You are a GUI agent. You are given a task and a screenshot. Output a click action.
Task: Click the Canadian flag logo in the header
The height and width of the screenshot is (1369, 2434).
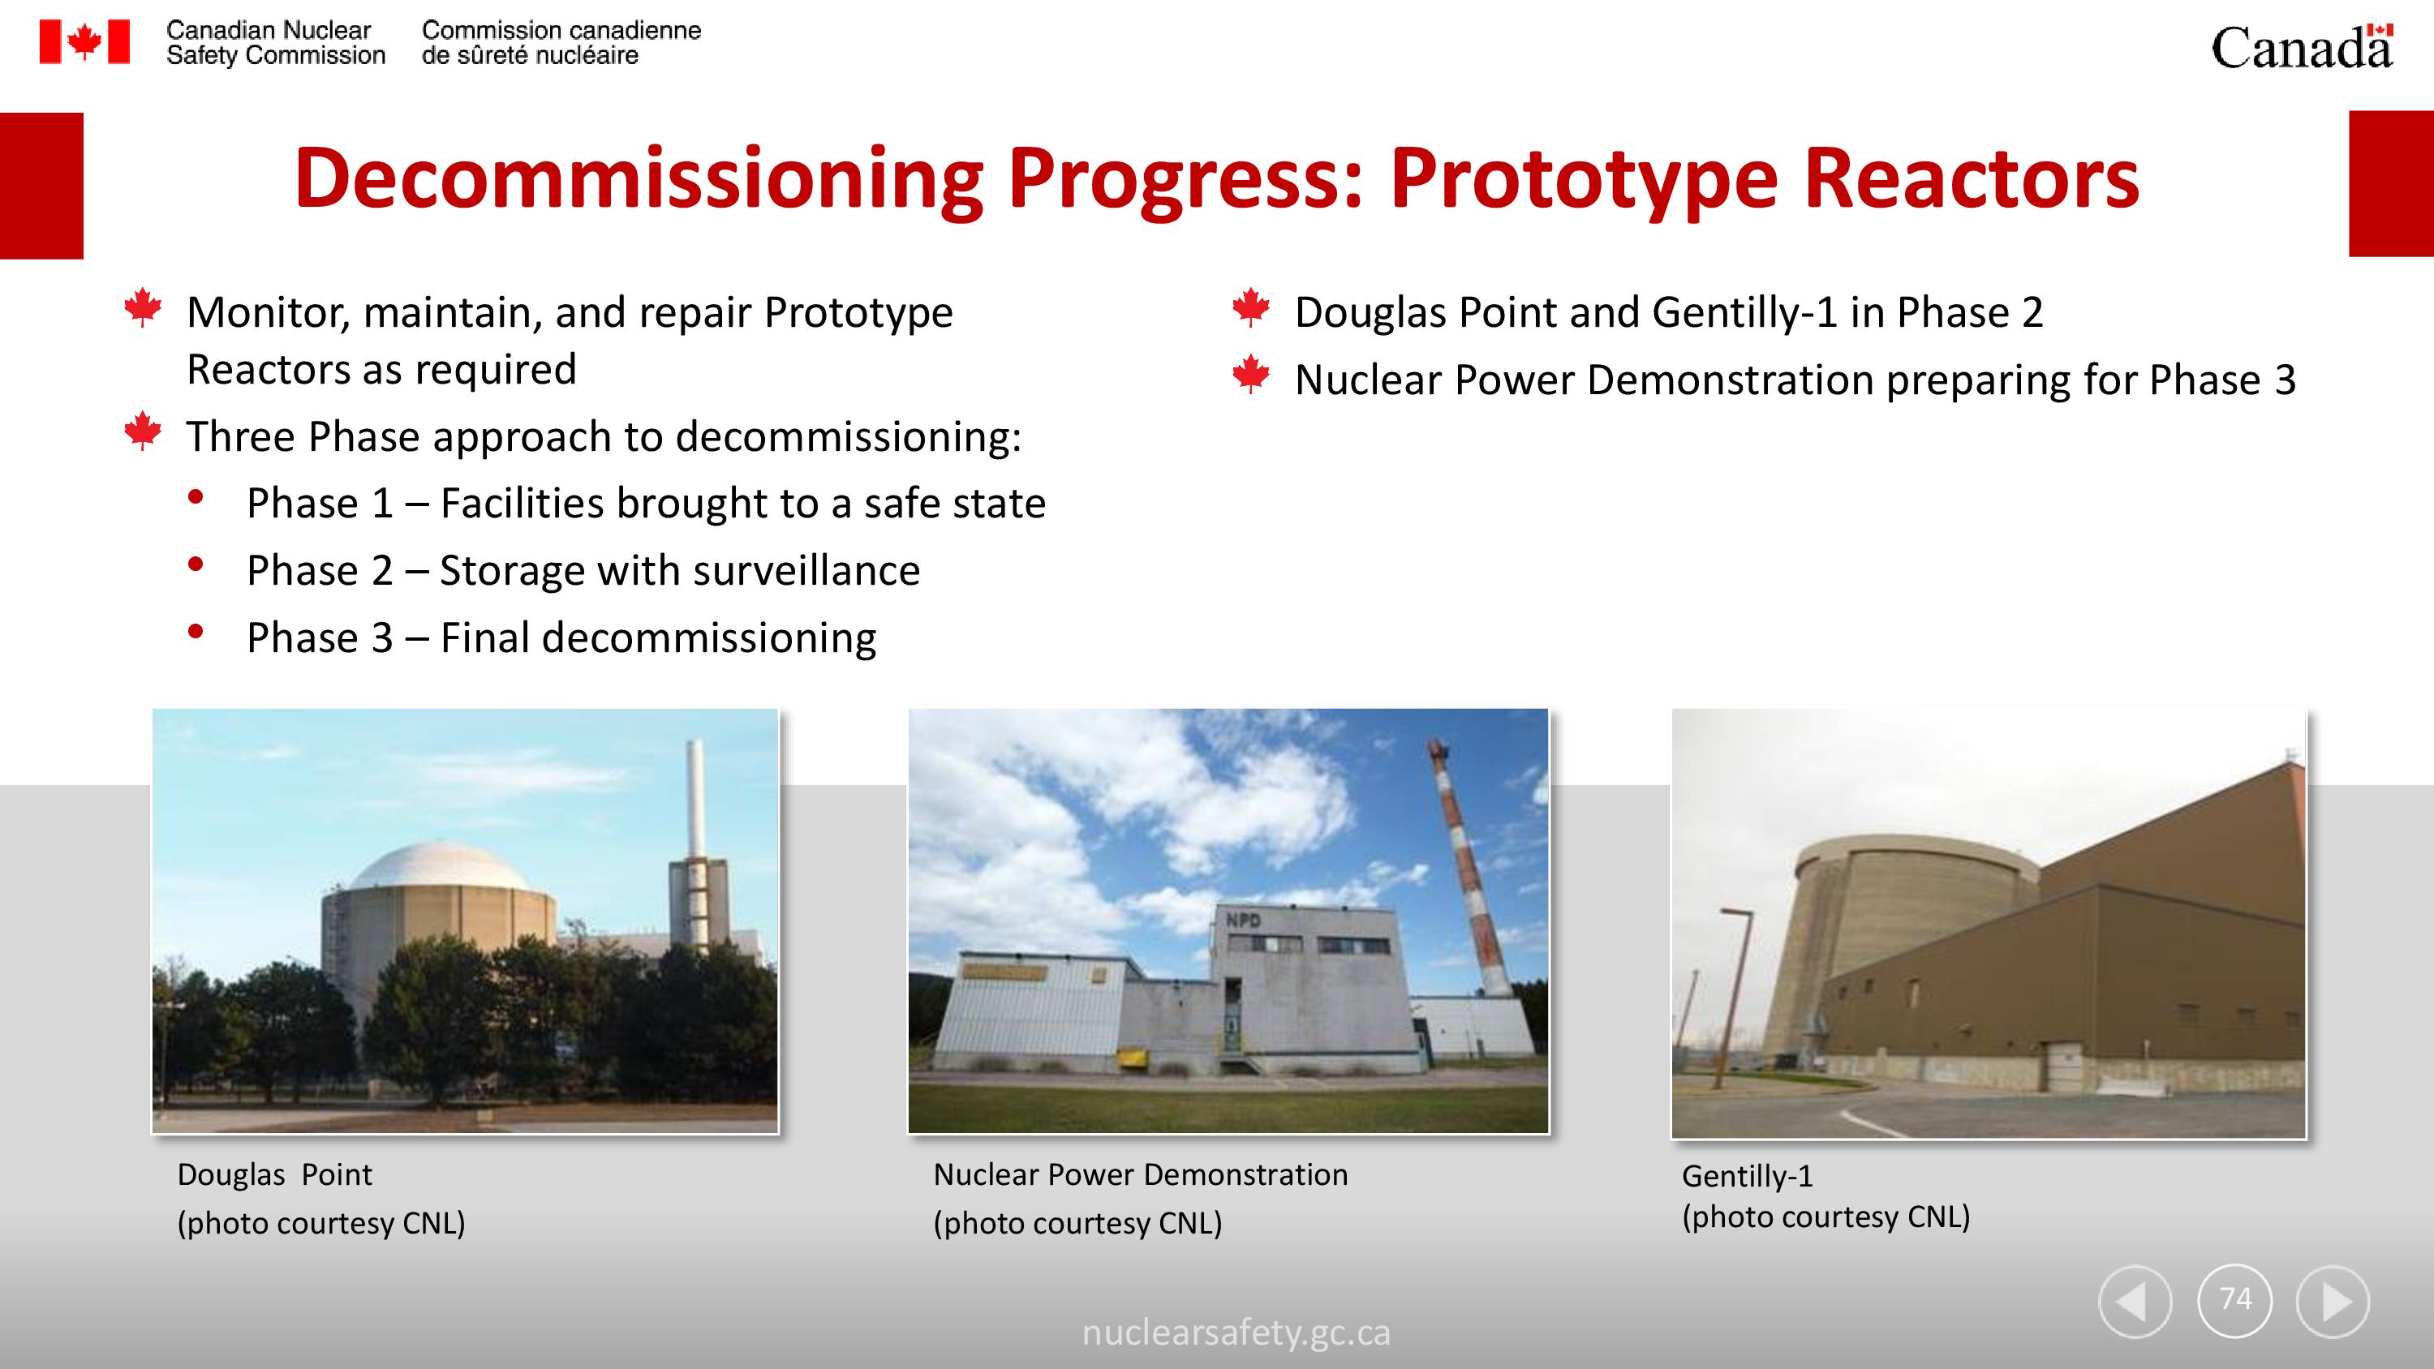click(84, 41)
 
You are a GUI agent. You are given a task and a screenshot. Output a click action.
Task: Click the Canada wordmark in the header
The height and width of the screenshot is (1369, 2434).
click(2302, 46)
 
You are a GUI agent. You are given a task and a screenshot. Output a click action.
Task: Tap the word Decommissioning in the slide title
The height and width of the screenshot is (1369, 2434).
click(639, 178)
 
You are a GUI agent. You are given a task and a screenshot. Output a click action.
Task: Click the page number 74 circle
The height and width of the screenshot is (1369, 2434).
click(2234, 1300)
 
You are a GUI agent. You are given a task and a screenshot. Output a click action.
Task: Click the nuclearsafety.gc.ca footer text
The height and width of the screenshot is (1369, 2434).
click(1236, 1333)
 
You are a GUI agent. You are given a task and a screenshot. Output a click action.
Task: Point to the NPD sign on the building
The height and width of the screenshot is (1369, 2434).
click(1244, 919)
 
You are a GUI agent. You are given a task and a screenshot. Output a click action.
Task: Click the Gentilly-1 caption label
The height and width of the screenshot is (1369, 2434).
click(1747, 1176)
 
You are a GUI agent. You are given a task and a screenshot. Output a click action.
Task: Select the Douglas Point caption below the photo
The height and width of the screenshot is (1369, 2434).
click(274, 1174)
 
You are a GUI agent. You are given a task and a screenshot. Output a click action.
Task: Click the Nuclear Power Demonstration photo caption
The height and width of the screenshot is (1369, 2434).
click(1141, 1174)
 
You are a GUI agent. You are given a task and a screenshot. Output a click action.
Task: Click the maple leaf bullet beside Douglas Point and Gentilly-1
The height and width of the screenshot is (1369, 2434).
click(1251, 307)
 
